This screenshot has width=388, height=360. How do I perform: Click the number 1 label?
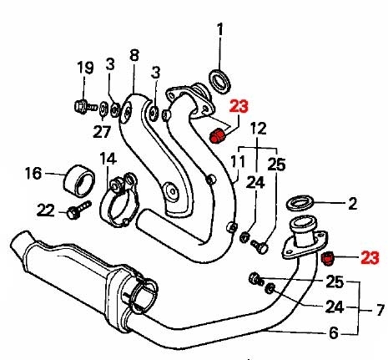click(x=220, y=30)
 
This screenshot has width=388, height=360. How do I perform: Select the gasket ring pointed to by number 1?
click(x=219, y=82)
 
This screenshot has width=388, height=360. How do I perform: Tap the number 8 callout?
click(x=134, y=55)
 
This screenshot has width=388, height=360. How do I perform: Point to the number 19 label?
click(x=85, y=68)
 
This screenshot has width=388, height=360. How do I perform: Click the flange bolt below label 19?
click(x=86, y=106)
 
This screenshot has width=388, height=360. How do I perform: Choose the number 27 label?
click(x=102, y=131)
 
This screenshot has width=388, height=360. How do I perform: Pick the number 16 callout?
click(x=33, y=173)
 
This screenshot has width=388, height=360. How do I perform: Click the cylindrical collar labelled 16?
click(x=79, y=181)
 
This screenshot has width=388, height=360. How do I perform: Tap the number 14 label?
click(x=108, y=159)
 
